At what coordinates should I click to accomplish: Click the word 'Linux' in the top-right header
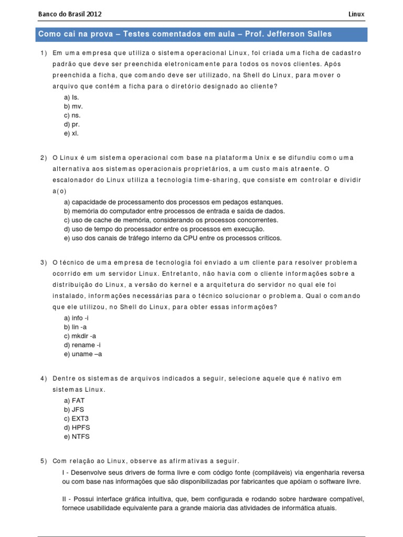(356, 14)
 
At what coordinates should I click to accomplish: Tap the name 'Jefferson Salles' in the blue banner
(301, 35)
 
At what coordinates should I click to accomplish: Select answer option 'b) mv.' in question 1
(73, 106)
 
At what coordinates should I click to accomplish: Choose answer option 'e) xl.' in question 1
(71, 133)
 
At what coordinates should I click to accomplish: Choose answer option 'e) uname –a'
(83, 354)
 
